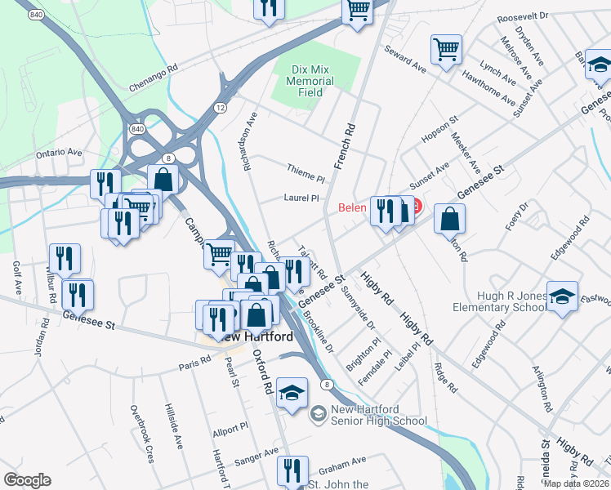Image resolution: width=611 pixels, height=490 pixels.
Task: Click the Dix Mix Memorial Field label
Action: [310, 81]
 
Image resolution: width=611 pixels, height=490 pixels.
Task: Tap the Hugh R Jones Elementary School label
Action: [501, 301]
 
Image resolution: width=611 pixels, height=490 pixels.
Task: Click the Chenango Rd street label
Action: [153, 78]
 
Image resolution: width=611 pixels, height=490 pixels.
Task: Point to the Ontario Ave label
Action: [60, 152]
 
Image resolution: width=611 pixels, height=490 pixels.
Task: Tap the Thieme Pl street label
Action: [306, 173]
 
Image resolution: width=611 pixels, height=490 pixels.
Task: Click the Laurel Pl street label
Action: [301, 197]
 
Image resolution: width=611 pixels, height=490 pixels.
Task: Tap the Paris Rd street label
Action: [194, 364]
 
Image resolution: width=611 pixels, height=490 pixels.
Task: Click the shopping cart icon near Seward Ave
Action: [447, 48]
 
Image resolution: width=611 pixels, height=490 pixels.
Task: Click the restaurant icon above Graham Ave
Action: [290, 470]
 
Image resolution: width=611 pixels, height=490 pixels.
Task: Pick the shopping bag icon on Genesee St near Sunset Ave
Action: [450, 218]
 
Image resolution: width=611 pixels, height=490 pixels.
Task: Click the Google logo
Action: [27, 480]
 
